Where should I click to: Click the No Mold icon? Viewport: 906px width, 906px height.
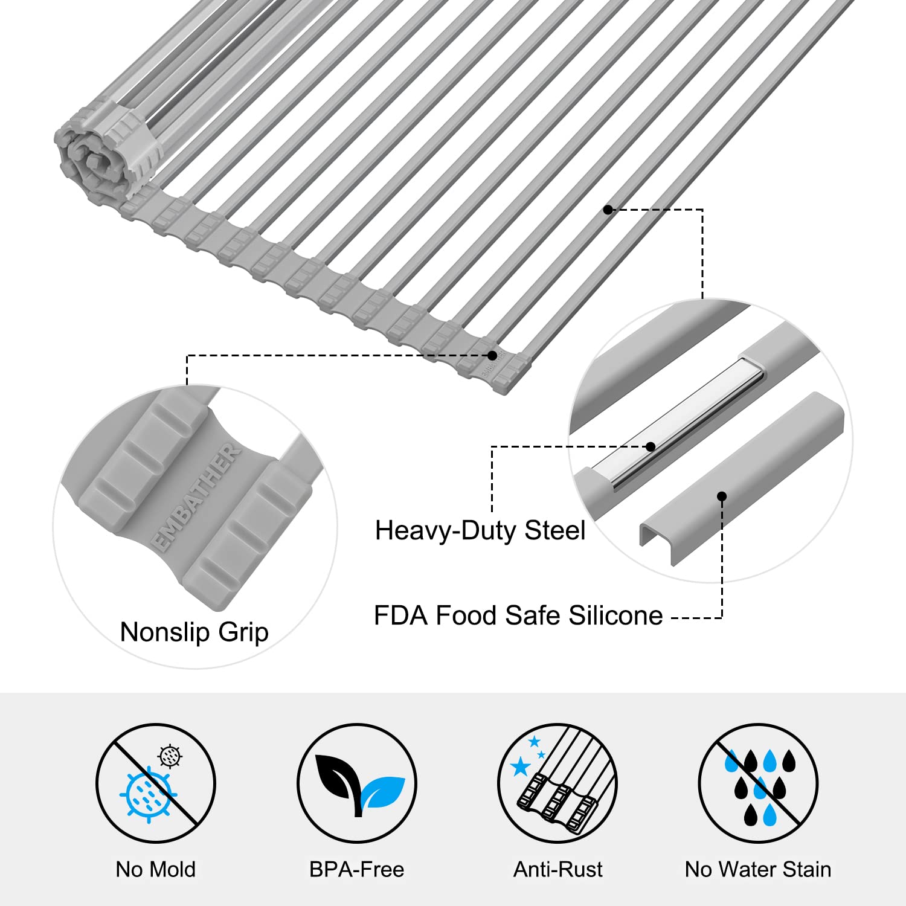155,783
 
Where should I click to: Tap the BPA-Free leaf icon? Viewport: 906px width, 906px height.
356,783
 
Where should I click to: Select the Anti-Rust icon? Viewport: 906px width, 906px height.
557,783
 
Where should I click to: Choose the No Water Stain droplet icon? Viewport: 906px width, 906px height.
758,783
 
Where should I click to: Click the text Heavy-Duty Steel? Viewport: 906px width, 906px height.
480,530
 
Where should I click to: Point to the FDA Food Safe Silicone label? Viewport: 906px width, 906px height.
518,615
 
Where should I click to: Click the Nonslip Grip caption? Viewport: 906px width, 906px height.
194,632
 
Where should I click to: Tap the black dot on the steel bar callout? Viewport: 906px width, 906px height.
651,447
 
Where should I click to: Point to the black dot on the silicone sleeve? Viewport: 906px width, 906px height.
722,496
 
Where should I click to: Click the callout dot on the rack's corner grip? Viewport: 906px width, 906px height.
492,355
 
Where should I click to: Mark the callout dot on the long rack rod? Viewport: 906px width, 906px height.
608,210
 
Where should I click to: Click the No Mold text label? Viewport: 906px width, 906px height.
155,869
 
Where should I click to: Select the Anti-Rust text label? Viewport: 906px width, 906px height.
557,869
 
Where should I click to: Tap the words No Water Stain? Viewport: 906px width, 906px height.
758,869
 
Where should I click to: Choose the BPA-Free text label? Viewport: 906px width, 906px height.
356,869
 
